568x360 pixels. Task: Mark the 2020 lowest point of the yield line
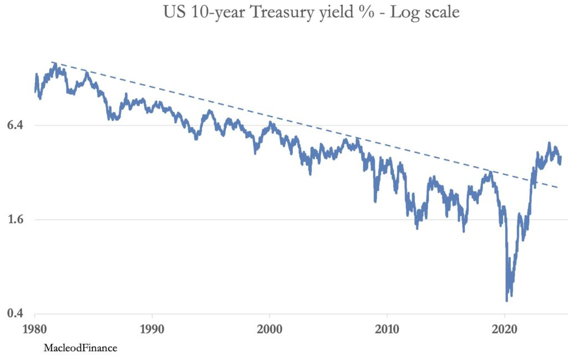tap(506, 301)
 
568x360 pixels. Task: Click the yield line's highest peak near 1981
tap(54, 64)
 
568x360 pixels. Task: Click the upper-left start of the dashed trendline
tap(52, 62)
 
